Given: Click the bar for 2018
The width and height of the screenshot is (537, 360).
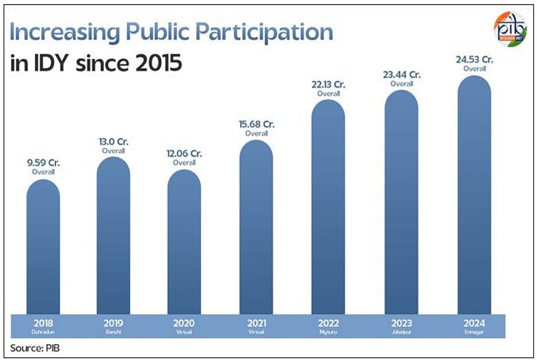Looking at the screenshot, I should [43, 247].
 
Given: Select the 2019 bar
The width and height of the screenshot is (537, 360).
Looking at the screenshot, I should [113, 236].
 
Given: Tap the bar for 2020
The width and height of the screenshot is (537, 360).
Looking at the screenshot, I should [184, 242].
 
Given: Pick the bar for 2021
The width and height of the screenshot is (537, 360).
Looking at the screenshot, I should [256, 227].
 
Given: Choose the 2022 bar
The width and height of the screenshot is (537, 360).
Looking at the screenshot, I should [328, 206].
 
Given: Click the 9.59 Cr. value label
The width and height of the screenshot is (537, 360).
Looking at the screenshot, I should [43, 163].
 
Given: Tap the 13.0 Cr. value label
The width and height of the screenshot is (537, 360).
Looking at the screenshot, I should [114, 141].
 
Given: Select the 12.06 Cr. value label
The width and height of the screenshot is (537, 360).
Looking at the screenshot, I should [184, 154].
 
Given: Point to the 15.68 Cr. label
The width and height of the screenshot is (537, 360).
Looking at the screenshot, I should [257, 125].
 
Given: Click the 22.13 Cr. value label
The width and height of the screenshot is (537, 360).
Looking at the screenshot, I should [329, 85].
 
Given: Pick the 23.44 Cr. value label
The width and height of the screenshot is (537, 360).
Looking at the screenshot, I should [402, 75].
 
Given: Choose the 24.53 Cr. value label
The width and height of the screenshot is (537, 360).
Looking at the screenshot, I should [475, 60].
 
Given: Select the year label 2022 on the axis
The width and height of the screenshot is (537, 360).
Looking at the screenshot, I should [329, 322].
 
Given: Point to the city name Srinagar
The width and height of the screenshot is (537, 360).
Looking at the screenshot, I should [475, 332].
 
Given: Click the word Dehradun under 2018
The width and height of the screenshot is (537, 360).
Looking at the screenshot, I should [43, 332].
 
